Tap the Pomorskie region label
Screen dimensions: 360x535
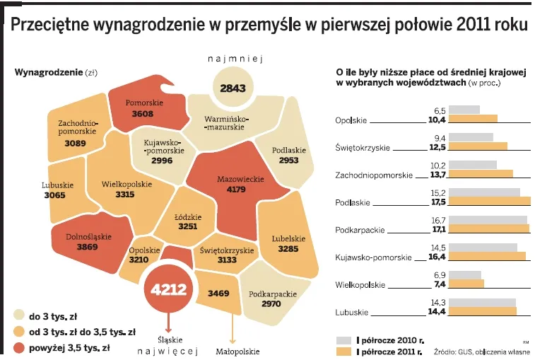[x=144, y=103]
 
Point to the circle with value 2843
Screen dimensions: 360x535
[x=233, y=88]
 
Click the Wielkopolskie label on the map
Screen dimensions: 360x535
[x=127, y=184]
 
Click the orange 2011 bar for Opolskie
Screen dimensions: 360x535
[x=473, y=119]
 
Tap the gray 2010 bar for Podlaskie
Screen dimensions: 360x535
[x=484, y=192]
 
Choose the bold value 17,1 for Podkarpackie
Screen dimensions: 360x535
[x=439, y=229]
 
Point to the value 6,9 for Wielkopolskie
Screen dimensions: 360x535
[x=439, y=274]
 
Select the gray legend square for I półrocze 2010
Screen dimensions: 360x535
[x=343, y=339]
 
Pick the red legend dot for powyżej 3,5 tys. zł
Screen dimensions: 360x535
[x=19, y=347]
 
